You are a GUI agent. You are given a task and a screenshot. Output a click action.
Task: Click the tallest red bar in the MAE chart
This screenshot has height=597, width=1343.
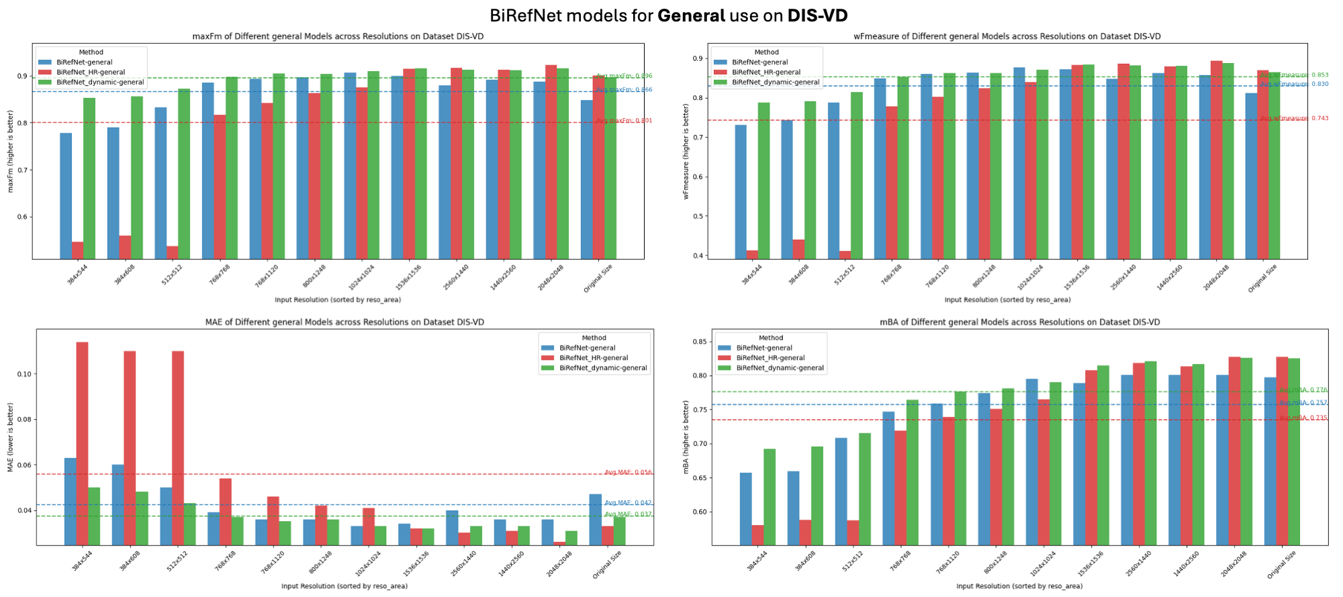82,443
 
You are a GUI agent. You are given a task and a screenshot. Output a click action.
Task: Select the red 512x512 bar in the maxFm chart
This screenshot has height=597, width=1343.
172,252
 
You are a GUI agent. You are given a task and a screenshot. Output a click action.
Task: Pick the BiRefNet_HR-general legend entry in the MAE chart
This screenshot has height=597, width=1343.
594,358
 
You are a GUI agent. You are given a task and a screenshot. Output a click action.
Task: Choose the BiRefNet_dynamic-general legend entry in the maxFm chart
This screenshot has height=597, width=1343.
100,82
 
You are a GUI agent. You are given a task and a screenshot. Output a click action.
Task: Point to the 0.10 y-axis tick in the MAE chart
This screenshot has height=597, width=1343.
24,374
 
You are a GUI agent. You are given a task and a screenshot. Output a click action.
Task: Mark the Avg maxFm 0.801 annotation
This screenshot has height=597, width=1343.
624,121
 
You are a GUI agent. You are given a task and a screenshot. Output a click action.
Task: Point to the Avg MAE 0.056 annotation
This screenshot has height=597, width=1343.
628,472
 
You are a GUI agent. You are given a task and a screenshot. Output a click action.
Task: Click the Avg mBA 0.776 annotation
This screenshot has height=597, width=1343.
1303,389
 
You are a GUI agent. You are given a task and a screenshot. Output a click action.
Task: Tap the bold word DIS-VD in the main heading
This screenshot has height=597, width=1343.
817,15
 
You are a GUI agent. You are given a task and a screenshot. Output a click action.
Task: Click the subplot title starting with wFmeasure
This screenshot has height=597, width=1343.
1007,36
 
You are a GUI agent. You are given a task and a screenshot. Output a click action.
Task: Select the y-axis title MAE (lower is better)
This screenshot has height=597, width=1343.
10,437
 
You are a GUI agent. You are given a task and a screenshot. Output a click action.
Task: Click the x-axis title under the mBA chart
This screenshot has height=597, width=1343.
1019,586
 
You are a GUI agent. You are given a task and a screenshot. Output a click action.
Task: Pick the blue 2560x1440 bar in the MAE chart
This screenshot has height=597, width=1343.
452,527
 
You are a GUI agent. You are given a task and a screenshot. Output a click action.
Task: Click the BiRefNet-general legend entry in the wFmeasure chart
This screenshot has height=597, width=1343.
759,62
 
